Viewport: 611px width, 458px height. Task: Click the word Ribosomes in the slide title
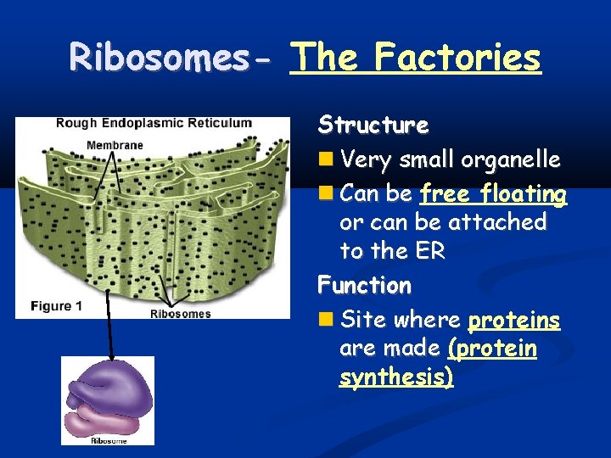169,58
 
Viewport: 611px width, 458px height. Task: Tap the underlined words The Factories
415,58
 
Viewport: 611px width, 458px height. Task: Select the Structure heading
373,126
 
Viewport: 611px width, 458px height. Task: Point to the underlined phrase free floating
493,194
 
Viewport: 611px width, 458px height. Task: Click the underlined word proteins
513,321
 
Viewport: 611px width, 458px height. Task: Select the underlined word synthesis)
396,377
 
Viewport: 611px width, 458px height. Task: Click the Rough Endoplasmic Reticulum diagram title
154,123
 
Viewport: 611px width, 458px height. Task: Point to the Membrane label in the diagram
115,145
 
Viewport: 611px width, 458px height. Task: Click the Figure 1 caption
56,306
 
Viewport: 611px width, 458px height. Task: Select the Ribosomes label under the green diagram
180,314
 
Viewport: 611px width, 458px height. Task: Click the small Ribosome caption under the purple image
109,440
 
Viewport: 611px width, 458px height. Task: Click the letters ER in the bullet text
429,252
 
